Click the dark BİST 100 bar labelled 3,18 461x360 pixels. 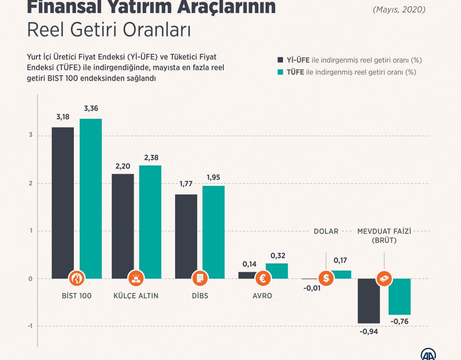tap(63, 202)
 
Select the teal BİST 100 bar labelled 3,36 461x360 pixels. tap(90, 198)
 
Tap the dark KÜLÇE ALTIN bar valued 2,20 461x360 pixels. tap(123, 225)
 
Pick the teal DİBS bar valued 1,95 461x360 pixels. tap(213, 232)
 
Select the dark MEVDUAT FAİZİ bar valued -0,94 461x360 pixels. tap(369, 301)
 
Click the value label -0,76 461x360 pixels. tap(399, 321)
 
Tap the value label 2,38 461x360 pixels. tap(150, 158)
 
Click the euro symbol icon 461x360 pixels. tap(263, 279)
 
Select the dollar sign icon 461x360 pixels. tap(326, 279)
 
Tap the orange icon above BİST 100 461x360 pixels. tap(77, 279)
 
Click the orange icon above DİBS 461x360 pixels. tap(200, 279)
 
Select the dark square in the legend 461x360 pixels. tap(280, 60)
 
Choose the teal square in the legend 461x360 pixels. tap(280, 72)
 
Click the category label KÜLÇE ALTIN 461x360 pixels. tap(136, 296)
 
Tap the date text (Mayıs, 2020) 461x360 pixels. tap(399, 9)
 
